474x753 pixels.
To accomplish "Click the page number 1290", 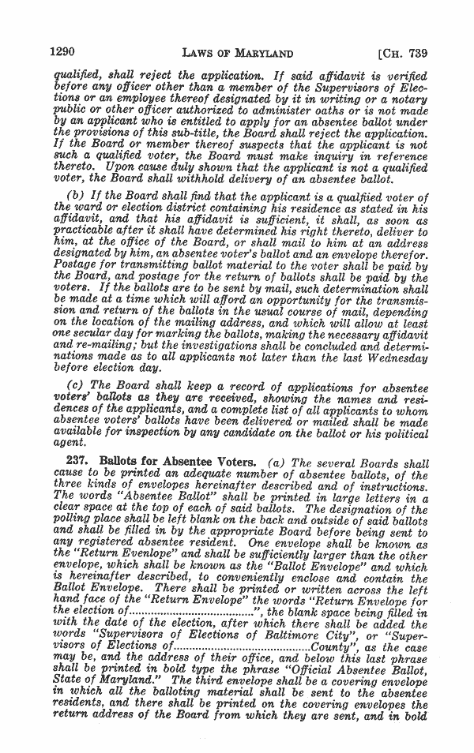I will pyautogui.click(x=62, y=54).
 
